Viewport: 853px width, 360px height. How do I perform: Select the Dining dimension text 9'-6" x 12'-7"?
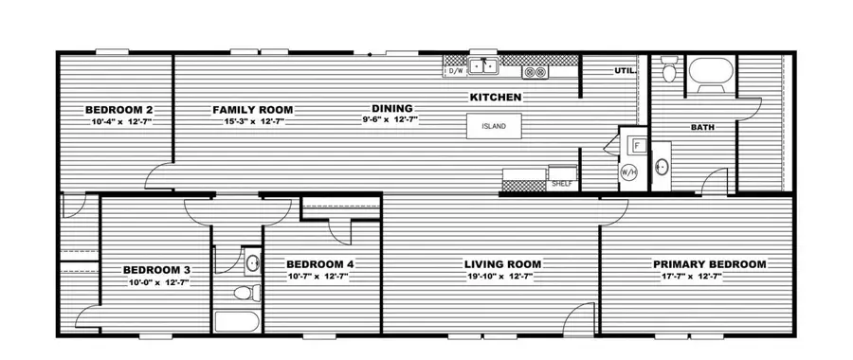390,120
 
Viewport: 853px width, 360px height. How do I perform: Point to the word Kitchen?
497,97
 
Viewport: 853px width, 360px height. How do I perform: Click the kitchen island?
493,127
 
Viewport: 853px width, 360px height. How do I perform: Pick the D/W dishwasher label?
455,70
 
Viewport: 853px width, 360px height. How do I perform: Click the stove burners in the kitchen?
535,71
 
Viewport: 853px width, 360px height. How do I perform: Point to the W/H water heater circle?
629,172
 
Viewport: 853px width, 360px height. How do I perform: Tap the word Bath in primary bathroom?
702,127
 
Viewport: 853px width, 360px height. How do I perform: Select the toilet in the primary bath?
669,69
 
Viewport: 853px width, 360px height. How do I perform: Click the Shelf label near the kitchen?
560,185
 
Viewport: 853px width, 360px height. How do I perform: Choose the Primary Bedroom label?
709,263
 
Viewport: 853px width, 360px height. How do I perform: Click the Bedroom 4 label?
320,263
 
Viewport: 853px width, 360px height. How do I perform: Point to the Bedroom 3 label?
157,269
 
